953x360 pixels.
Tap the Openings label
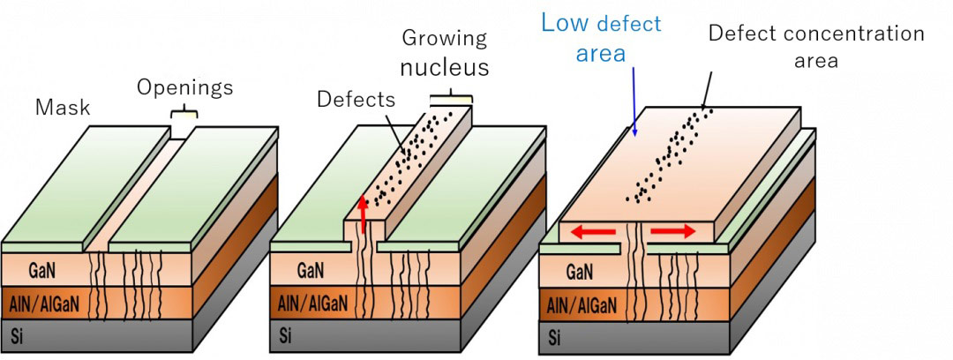tap(184, 87)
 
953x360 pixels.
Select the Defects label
tap(356, 99)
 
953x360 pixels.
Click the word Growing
tap(444, 38)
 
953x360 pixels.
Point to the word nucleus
tap(445, 67)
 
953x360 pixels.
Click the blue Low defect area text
tap(600, 38)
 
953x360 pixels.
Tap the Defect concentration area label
tap(815, 47)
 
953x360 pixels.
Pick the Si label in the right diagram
tap(554, 337)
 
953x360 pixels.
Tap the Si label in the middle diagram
tap(285, 336)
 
